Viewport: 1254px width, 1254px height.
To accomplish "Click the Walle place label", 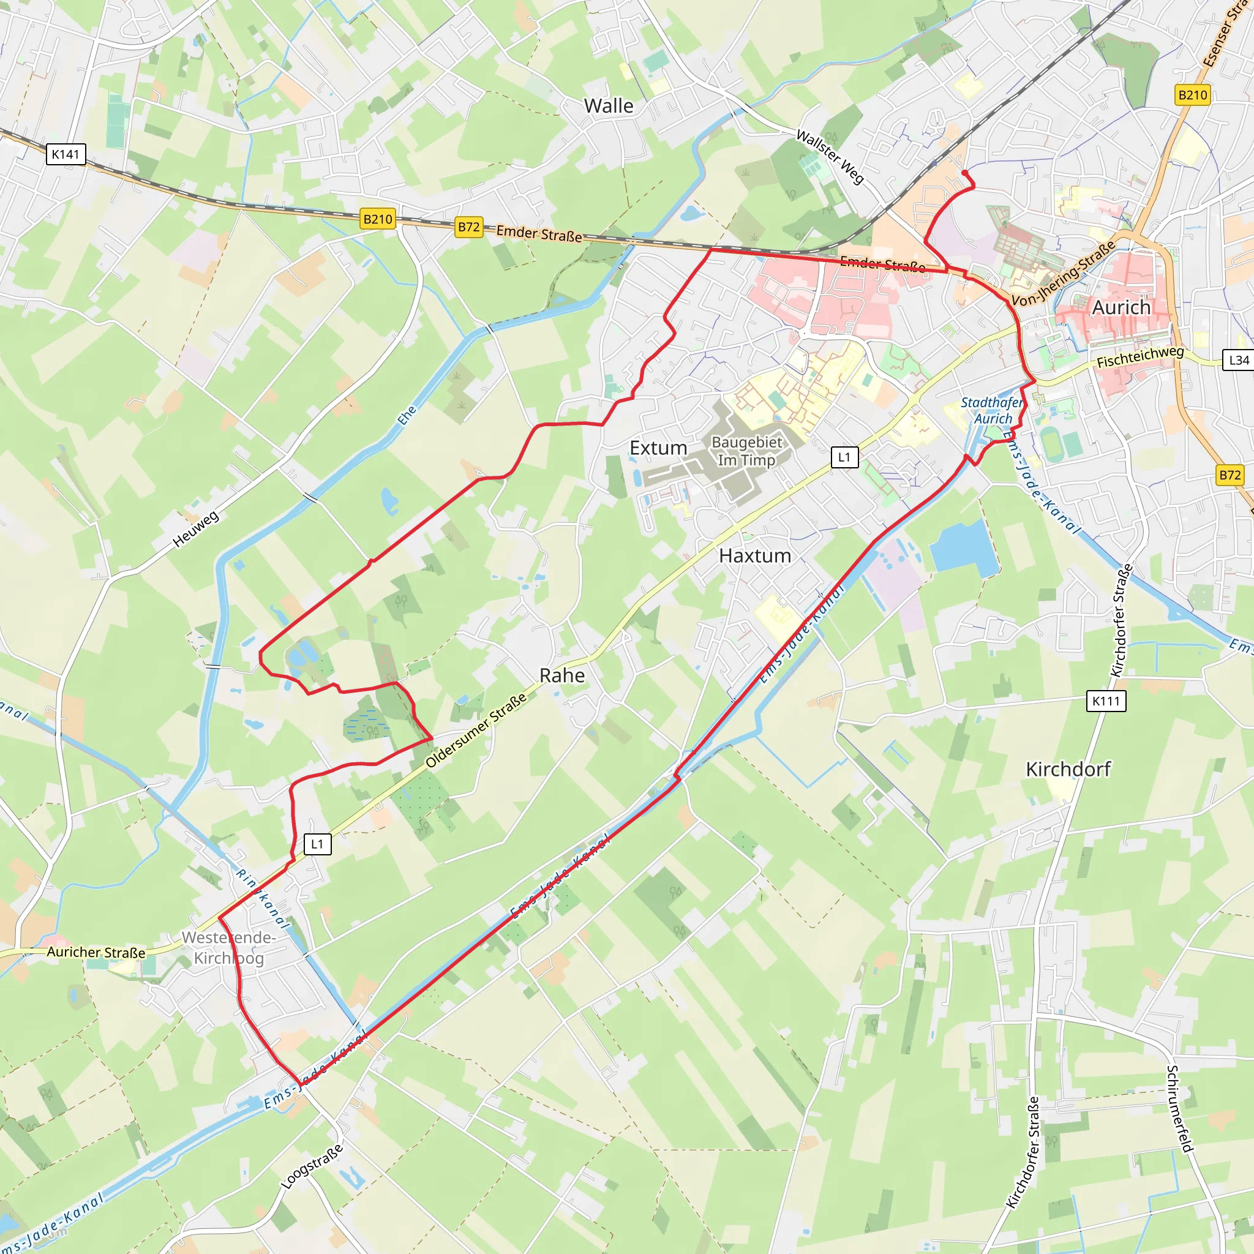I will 608,106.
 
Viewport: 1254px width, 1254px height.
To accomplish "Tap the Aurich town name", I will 1121,307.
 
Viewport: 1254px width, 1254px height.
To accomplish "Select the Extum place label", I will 658,448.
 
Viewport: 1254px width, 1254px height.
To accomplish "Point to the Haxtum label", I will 755,555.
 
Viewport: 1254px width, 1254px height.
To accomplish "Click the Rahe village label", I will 562,676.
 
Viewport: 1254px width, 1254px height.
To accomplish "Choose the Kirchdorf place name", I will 1068,769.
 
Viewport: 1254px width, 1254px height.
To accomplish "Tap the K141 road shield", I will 66,154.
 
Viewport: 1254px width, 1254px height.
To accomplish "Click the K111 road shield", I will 1106,701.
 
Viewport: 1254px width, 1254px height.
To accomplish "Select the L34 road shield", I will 1239,360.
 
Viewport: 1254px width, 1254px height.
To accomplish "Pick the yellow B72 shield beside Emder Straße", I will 468,227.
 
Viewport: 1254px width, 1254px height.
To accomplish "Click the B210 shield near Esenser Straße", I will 1193,96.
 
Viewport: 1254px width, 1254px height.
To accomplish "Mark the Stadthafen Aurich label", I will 992,410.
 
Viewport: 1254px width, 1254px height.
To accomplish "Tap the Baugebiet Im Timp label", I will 746,451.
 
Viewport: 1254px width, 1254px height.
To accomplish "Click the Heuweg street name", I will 196,529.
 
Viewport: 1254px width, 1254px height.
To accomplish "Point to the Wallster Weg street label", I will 830,156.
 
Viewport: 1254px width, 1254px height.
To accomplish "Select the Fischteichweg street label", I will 1140,357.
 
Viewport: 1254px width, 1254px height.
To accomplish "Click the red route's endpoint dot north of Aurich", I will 965,173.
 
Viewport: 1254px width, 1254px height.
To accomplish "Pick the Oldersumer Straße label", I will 476,731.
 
